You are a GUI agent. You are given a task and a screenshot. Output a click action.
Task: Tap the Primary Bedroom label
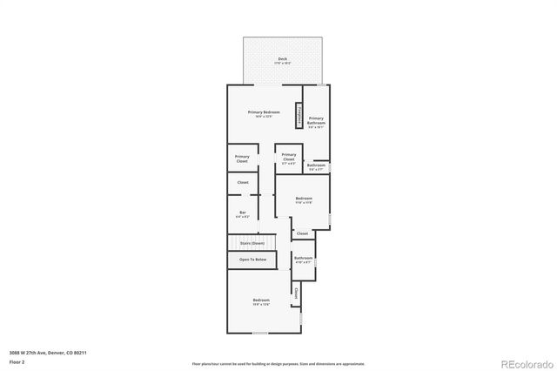[x=264, y=112]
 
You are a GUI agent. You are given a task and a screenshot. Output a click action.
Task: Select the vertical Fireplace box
[x=298, y=114]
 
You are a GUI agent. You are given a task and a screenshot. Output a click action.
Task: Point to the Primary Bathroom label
[x=316, y=120]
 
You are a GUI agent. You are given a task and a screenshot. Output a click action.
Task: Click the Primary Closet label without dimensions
[x=242, y=159]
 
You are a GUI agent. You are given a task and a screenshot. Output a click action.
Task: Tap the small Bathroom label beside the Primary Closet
[x=316, y=165]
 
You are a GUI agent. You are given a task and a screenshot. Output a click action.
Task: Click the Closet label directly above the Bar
[x=243, y=182]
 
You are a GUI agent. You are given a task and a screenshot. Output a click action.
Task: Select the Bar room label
[x=243, y=212]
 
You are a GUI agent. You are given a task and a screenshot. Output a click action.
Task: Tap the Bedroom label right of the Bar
[x=303, y=199]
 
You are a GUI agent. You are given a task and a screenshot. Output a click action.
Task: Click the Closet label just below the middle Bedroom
[x=302, y=233]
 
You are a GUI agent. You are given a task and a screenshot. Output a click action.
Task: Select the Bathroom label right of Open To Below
[x=303, y=258]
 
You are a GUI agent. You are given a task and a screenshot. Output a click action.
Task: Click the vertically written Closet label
[x=296, y=293]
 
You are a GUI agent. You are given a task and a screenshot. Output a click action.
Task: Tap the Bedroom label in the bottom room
[x=261, y=300]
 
